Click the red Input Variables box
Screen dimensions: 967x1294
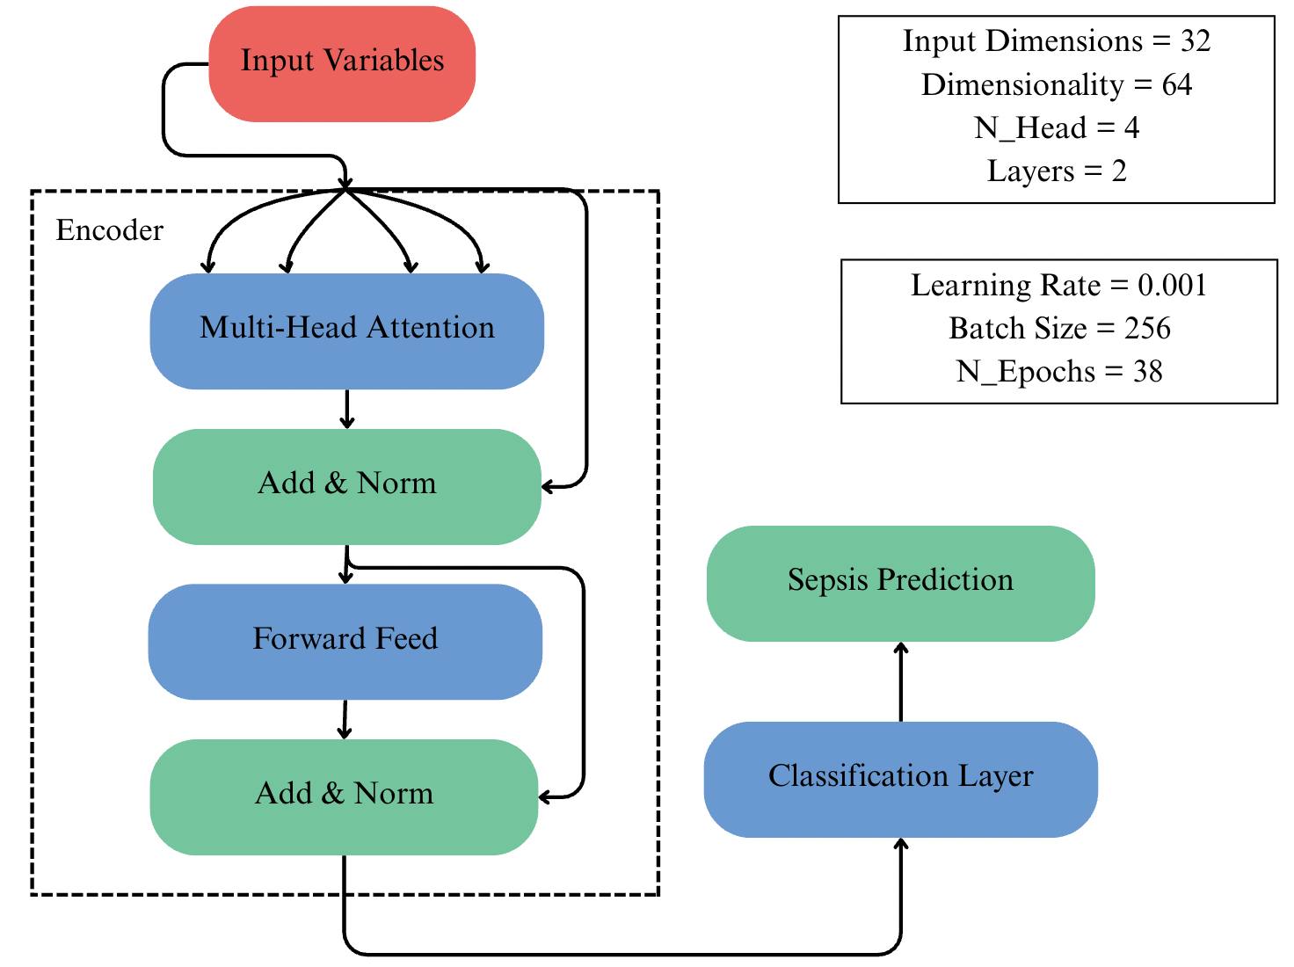click(x=342, y=63)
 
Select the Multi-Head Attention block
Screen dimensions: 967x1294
click(x=346, y=331)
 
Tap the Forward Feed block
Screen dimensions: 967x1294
click(x=345, y=641)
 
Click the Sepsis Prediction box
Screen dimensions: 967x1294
click(x=900, y=583)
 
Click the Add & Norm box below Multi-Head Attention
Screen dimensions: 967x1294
click(x=346, y=486)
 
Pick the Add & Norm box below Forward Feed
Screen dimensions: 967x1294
click(x=344, y=796)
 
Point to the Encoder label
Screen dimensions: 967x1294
click(x=109, y=230)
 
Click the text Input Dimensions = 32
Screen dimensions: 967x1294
click(x=1056, y=41)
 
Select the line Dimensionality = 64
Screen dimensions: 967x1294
click(x=1056, y=85)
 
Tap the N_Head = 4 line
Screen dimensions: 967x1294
click(x=1056, y=128)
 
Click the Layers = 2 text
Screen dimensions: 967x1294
click(x=1056, y=171)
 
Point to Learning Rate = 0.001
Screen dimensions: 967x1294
click(x=1058, y=286)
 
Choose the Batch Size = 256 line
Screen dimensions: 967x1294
click(x=1058, y=329)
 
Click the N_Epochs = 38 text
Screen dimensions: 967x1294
click(x=1058, y=372)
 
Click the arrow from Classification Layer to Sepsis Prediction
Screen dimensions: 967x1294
click(x=900, y=682)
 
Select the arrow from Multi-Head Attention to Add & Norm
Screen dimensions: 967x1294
click(x=347, y=409)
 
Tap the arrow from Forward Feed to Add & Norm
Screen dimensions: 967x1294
click(x=345, y=719)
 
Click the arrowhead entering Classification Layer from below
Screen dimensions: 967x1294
click(x=900, y=844)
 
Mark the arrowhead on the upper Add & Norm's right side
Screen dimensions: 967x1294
click(x=548, y=486)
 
